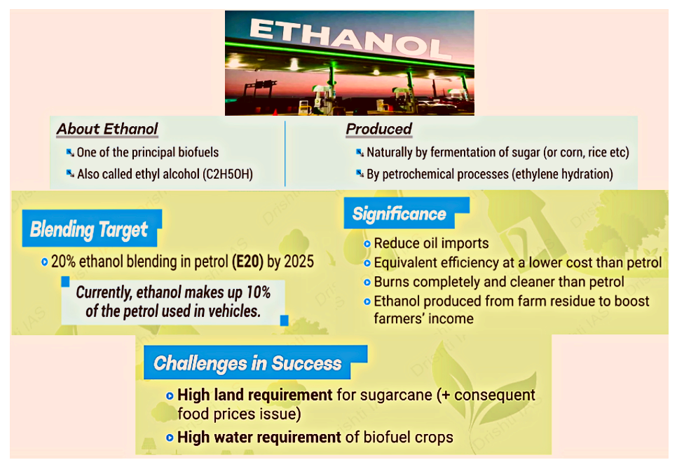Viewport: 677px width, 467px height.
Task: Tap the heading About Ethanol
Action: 107,129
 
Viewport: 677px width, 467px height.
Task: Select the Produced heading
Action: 378,129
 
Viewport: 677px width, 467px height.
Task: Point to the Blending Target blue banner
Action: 92,229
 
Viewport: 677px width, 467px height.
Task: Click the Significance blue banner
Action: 406,213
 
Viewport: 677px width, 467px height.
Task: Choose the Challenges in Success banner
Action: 254,363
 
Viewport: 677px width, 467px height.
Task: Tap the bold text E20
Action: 247,262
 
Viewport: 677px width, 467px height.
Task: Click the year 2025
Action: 299,262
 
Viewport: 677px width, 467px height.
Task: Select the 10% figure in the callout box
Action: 258,292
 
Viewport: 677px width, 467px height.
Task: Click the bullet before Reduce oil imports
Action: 367,243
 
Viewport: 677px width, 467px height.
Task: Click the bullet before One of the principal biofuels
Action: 70,152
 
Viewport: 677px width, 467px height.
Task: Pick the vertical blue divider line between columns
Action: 285,154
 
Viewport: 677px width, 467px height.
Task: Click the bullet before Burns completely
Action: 367,283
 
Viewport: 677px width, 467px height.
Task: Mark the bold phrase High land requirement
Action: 254,395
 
